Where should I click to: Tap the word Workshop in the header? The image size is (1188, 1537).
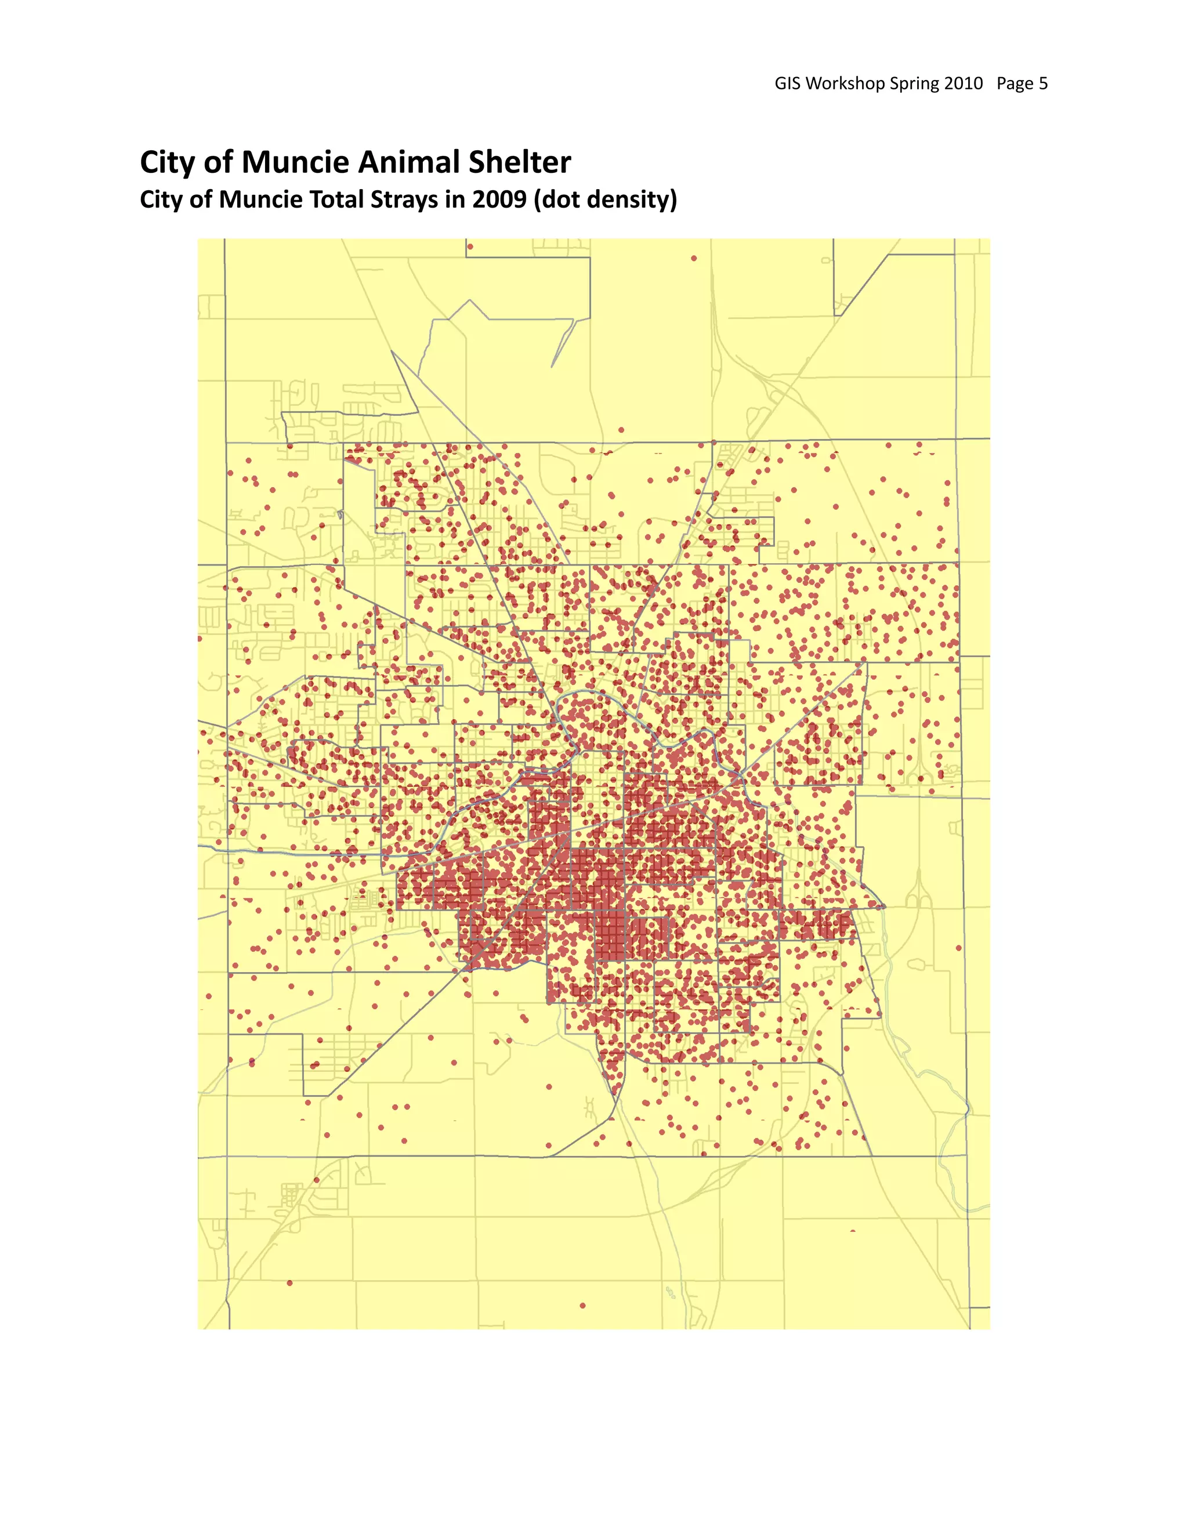[845, 84]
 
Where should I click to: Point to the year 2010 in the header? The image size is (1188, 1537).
[964, 84]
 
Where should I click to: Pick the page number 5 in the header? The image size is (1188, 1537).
[1044, 84]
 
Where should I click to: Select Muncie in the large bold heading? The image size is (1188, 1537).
[296, 162]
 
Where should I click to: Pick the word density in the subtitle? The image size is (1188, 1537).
[631, 200]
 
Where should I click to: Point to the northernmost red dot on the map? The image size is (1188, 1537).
[470, 247]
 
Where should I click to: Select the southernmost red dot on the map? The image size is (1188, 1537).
[583, 1306]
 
